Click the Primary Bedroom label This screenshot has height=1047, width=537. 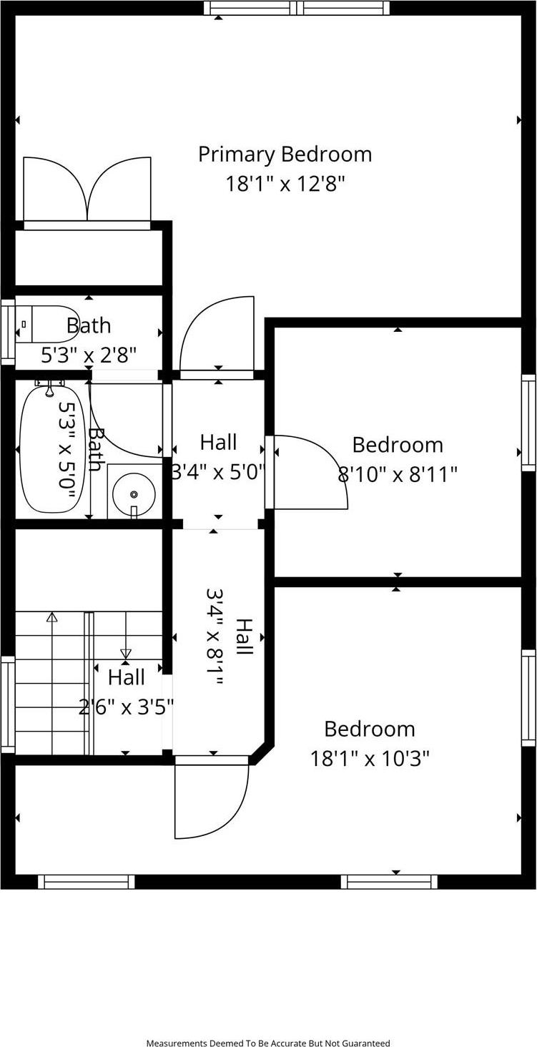point(285,154)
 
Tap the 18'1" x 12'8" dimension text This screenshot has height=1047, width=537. point(285,185)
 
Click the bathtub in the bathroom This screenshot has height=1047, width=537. point(50,449)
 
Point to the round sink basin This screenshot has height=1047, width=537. point(134,493)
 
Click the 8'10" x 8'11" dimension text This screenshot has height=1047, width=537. point(397,474)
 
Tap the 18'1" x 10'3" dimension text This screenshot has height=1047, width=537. point(370,758)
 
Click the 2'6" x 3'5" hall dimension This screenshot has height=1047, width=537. point(127,707)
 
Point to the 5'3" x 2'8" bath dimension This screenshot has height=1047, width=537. point(89,355)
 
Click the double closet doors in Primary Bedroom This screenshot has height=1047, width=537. point(87,190)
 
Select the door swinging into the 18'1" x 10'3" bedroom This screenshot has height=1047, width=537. point(212,797)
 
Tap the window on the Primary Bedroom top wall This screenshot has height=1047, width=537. point(296,8)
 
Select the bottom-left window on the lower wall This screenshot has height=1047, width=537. point(86,882)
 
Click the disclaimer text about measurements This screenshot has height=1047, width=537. point(268,1043)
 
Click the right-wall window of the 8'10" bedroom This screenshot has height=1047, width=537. point(528,422)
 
